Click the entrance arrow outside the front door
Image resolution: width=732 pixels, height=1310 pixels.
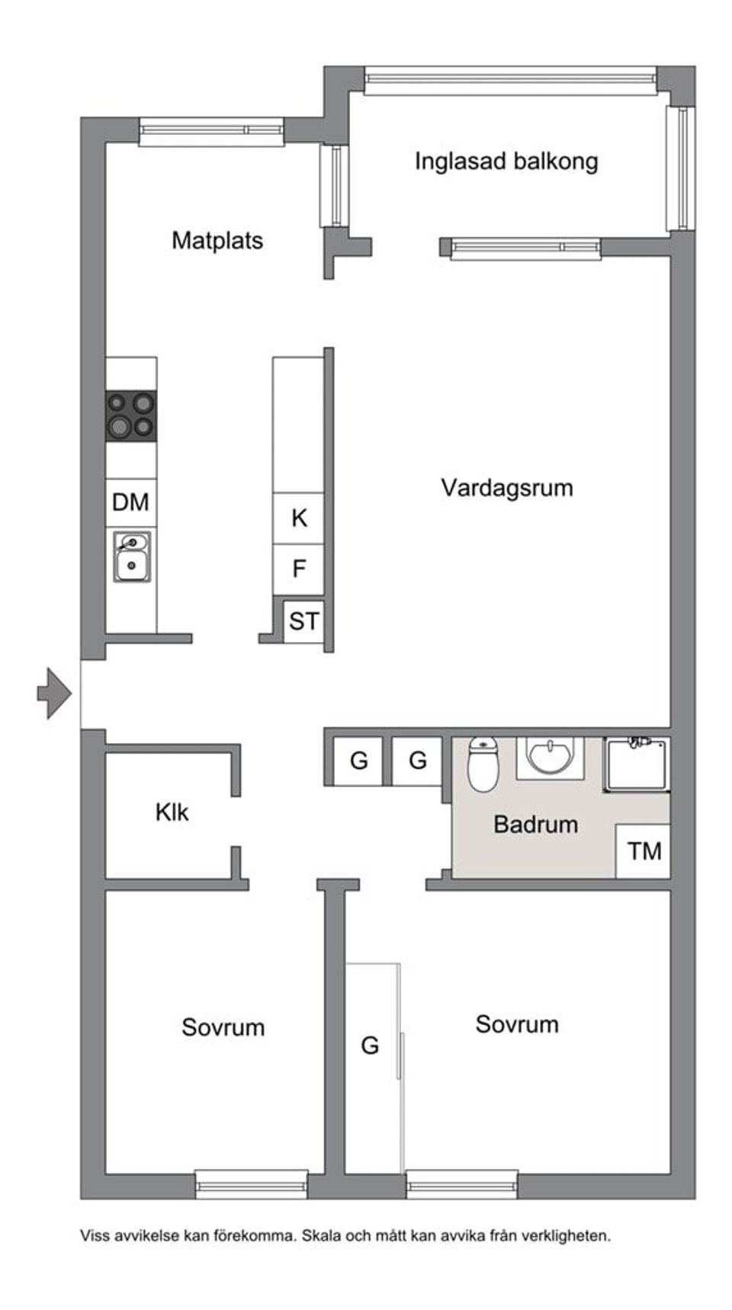click(x=55, y=693)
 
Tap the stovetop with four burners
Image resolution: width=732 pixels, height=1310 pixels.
click(x=130, y=415)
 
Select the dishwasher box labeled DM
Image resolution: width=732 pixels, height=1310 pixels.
click(x=130, y=502)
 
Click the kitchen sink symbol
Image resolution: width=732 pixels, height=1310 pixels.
click(x=132, y=556)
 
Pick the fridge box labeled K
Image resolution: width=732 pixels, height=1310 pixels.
click(x=298, y=518)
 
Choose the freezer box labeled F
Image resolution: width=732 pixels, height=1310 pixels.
click(x=298, y=569)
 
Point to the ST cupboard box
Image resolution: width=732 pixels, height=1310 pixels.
click(x=303, y=621)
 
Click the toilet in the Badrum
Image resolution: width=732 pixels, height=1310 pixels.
click(x=483, y=764)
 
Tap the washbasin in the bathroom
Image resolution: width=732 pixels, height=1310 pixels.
click(x=551, y=757)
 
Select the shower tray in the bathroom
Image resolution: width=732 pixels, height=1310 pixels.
click(x=637, y=764)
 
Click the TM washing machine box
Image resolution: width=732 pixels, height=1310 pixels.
click(x=644, y=850)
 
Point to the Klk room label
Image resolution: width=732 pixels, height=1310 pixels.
click(x=172, y=812)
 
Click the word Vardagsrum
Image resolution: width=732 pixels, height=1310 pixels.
click(x=507, y=488)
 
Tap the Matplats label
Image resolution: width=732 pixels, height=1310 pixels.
click(x=217, y=241)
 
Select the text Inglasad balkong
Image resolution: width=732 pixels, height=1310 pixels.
click(x=506, y=162)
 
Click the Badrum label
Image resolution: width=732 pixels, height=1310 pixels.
click(x=535, y=825)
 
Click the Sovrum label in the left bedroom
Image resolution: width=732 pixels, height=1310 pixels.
click(x=223, y=1027)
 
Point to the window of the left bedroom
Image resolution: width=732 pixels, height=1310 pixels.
click(x=252, y=1184)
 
